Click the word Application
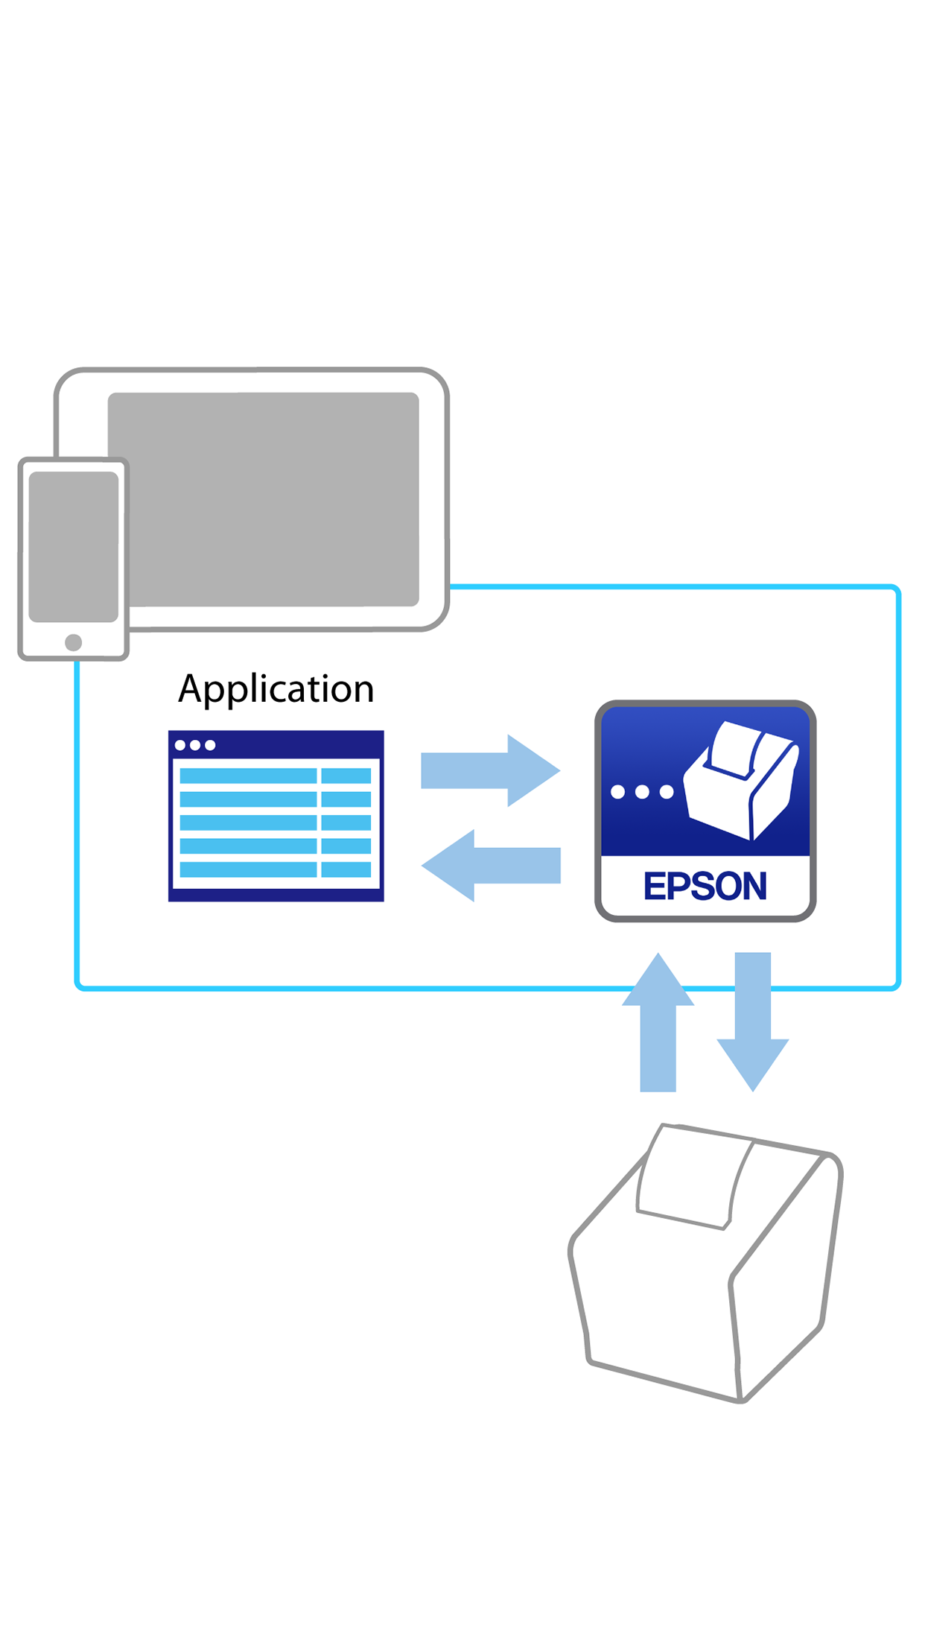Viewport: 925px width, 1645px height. pos(276,688)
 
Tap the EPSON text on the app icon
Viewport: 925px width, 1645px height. pos(705,886)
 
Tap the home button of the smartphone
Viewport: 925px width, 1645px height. pos(73,642)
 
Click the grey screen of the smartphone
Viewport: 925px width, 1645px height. pos(73,546)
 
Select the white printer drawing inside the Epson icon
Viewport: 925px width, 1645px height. pos(741,782)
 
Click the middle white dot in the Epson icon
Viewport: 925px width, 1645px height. pos(642,792)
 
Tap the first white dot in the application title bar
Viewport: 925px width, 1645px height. pos(180,745)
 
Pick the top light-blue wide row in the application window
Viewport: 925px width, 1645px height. pos(248,776)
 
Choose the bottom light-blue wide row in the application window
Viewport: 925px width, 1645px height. pos(248,869)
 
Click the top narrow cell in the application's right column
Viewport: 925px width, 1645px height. pos(346,776)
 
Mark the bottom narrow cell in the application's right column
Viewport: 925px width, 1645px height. pos(346,869)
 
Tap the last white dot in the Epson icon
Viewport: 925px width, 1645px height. pos(667,792)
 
